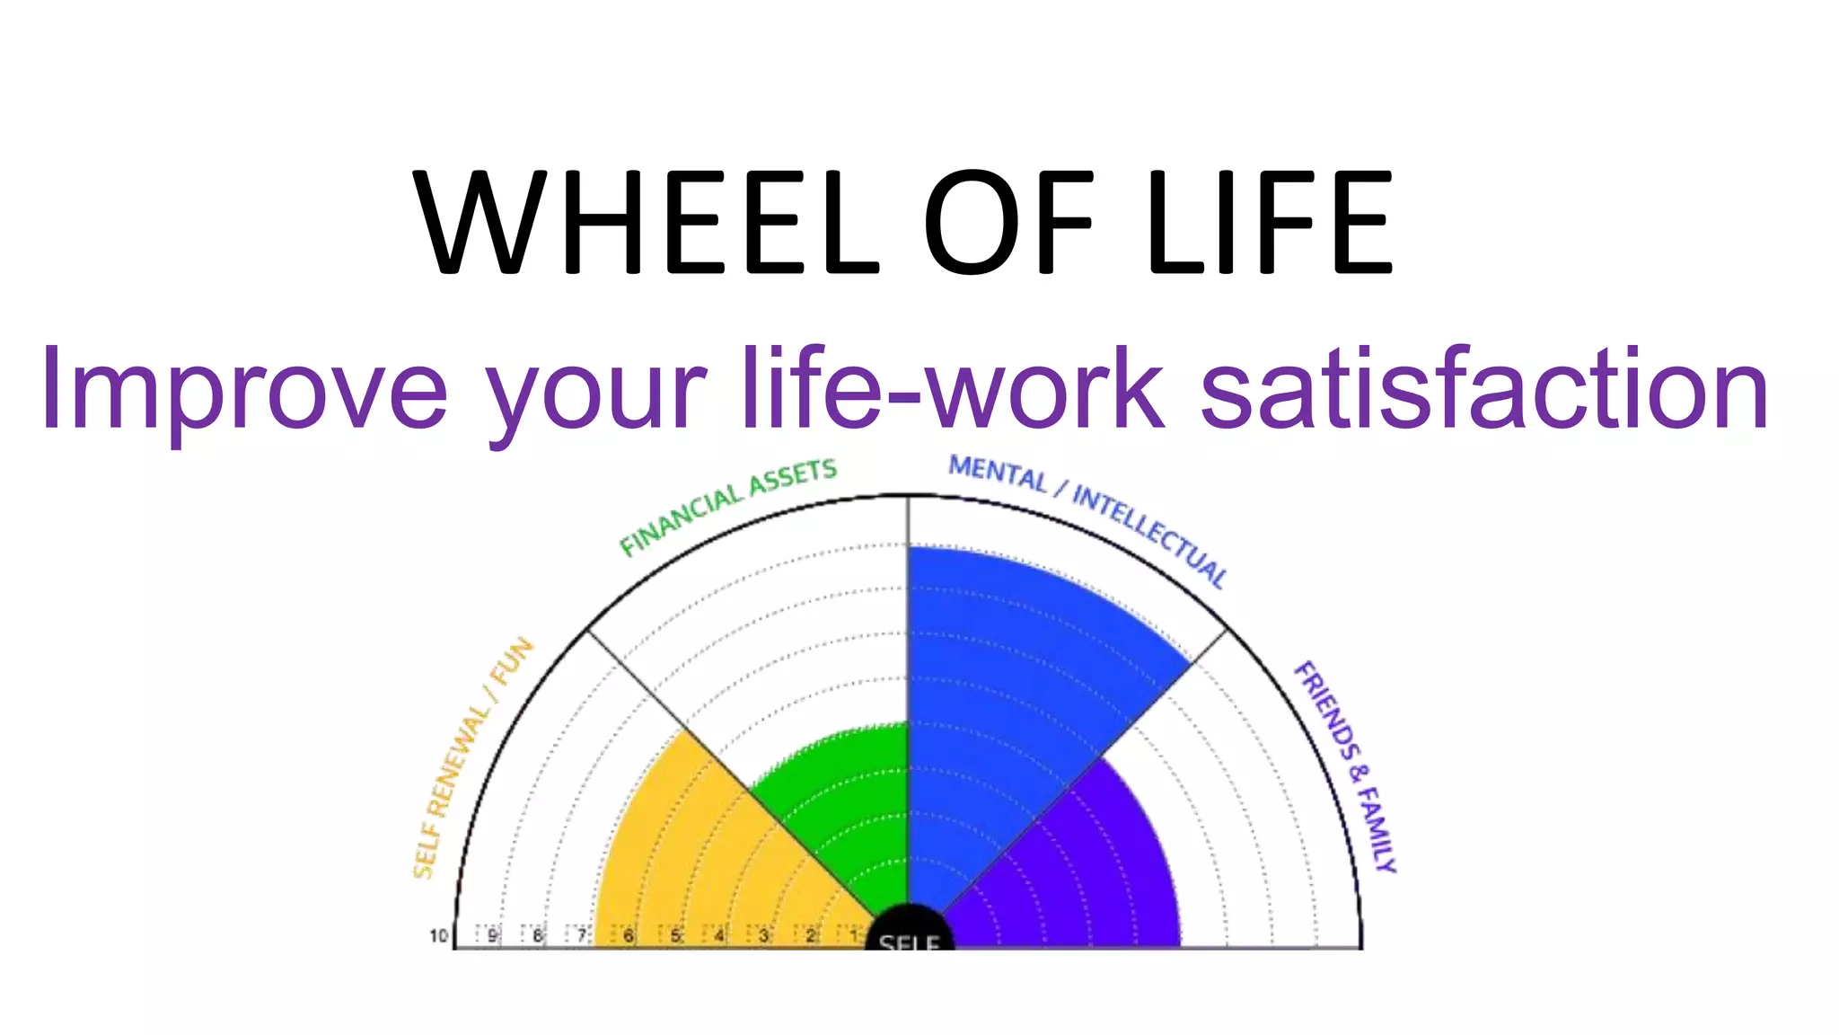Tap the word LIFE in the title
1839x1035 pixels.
click(x=1270, y=223)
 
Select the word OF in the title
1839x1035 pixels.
click(x=1008, y=223)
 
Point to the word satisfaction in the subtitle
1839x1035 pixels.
click(x=1484, y=388)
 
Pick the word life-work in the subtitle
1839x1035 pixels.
click(x=953, y=388)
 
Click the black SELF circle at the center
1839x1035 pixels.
click(x=909, y=930)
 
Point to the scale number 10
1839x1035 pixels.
click(x=438, y=936)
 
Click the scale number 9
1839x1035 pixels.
click(x=492, y=935)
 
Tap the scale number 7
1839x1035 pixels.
click(x=582, y=935)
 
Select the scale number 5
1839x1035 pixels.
click(x=675, y=935)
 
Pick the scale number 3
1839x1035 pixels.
click(x=764, y=935)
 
